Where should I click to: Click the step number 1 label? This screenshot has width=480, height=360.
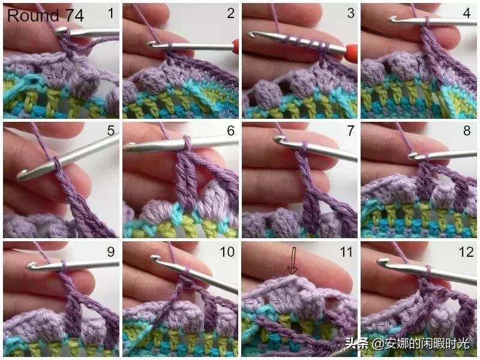(111, 13)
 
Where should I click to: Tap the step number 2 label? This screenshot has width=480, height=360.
(231, 13)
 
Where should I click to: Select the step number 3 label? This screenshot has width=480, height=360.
(351, 13)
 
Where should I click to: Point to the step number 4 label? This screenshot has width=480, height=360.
(467, 13)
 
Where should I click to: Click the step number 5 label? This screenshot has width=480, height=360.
(111, 131)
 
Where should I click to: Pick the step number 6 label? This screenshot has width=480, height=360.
(231, 131)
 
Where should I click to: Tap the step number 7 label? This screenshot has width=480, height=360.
(351, 131)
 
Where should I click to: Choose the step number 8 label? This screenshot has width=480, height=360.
(467, 131)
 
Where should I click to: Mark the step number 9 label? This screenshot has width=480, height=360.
(111, 251)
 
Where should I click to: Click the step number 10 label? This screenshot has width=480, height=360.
(227, 251)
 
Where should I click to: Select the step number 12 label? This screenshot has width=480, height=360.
(466, 251)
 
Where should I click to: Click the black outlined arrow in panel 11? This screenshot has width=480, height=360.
(293, 260)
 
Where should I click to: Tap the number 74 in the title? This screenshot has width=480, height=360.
(74, 16)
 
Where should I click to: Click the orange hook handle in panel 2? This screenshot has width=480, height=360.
(235, 47)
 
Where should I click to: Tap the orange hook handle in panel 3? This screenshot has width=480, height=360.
(352, 50)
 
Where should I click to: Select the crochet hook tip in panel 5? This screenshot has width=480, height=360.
(20, 175)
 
